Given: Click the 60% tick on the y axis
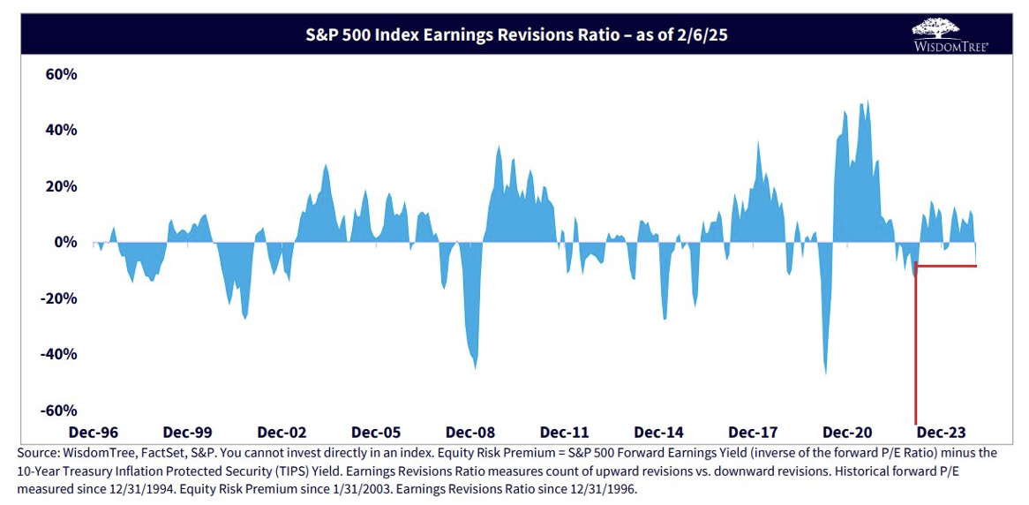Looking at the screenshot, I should (62, 74).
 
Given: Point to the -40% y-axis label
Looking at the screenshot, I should (59, 354).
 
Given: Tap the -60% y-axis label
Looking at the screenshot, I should (59, 411).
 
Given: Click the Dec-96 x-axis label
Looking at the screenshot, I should (93, 433).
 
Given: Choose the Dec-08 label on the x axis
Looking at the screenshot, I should (470, 433).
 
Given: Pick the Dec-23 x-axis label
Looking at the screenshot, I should (942, 433).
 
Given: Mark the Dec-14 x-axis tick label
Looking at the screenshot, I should (659, 433).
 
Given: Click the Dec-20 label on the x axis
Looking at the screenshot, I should (847, 433).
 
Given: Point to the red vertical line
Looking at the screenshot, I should (916, 353).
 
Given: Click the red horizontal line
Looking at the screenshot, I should (949, 265).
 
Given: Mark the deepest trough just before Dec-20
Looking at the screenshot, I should (826, 373).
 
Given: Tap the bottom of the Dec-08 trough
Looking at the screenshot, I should (476, 368).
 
